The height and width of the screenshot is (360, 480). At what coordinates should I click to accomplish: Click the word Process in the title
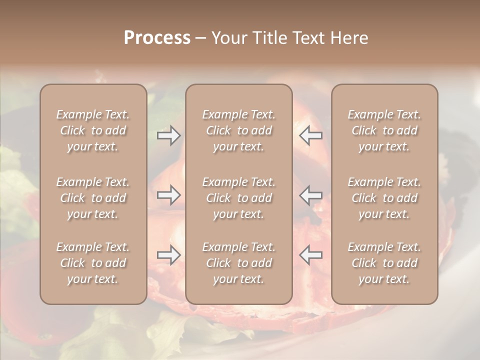[157, 38]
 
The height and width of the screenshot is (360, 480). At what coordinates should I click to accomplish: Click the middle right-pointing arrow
[168, 195]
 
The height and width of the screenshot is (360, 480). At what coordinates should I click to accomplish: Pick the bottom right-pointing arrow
[168, 255]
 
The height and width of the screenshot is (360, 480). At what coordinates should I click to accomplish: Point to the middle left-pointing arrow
[311, 195]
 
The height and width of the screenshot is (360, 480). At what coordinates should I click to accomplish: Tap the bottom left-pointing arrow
[311, 255]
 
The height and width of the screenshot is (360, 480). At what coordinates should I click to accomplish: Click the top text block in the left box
[93, 130]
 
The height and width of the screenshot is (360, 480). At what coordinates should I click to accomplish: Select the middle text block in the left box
[93, 198]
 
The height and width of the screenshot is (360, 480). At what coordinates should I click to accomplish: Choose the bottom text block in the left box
[93, 263]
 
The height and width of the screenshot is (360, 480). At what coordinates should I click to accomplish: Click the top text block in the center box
[239, 130]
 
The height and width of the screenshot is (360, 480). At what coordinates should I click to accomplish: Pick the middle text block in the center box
[239, 198]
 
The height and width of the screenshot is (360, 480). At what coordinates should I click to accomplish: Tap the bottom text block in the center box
[239, 263]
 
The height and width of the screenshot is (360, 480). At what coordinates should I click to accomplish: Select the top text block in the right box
[384, 130]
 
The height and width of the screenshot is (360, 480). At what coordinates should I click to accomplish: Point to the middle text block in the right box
[384, 198]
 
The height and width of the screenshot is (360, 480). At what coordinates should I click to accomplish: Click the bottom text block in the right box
[384, 263]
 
